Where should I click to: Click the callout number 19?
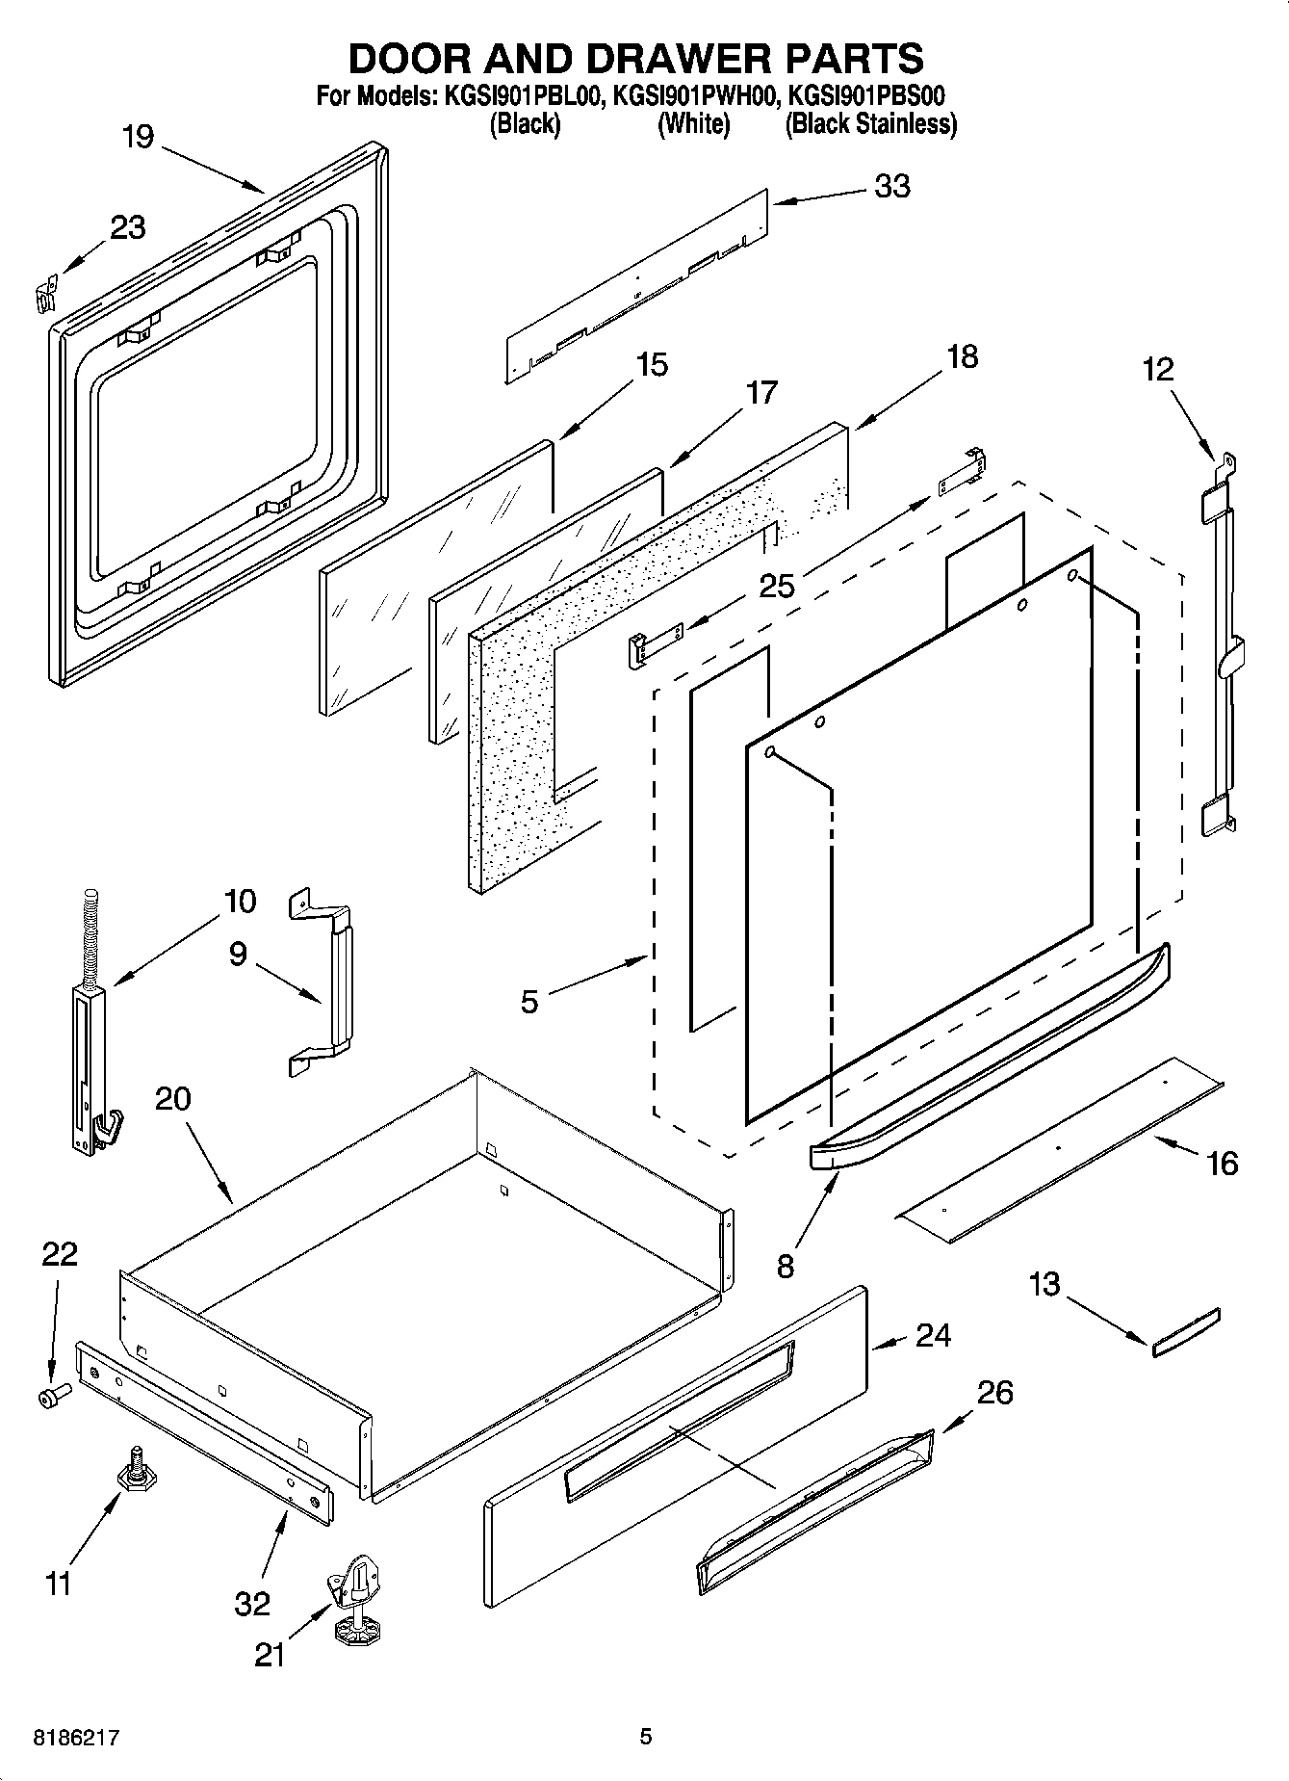click(138, 137)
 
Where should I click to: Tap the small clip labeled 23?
click(44, 291)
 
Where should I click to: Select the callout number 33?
click(891, 186)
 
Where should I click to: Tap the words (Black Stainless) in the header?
click(870, 124)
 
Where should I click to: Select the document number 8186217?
click(77, 1738)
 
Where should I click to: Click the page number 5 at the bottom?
click(646, 1737)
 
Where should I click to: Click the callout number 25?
click(776, 585)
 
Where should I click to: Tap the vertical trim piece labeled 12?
click(1221, 645)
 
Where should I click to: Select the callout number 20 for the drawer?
click(172, 1098)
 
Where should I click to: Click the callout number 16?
click(1222, 1164)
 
